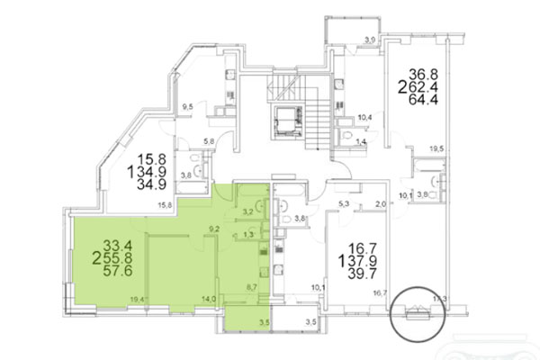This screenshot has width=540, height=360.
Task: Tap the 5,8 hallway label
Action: click(208, 140)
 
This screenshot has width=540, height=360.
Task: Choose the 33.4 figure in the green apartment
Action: click(117, 243)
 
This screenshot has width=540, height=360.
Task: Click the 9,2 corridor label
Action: click(214, 230)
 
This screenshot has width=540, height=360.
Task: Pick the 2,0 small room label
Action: click(380, 204)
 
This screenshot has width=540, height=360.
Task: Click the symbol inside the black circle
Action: click(416, 314)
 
